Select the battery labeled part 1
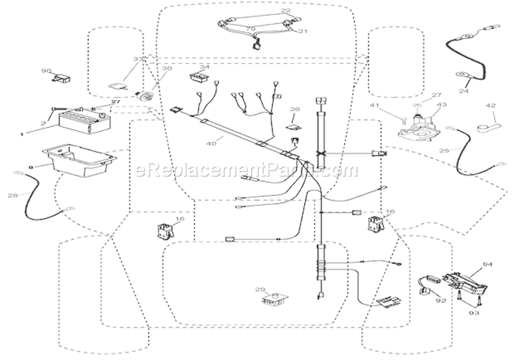[x=82, y=125]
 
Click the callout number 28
[x=12, y=196]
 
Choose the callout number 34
[x=204, y=67]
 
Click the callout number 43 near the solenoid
[x=441, y=105]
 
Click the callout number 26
[x=295, y=109]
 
